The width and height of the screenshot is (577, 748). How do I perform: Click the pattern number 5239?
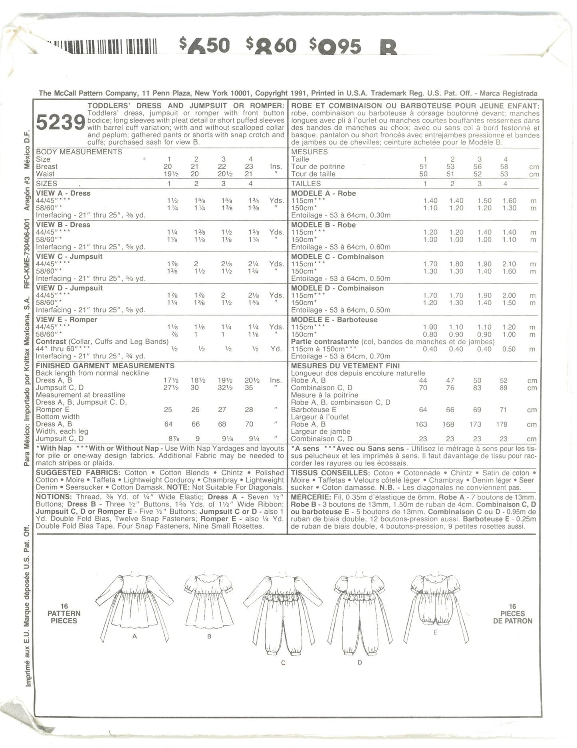point(60,123)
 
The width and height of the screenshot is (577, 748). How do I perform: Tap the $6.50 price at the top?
point(204,46)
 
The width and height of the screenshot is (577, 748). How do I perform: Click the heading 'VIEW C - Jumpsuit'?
point(69,256)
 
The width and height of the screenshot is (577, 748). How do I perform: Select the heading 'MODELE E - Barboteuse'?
point(334,320)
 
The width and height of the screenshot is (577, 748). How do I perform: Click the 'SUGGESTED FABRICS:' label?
point(78,473)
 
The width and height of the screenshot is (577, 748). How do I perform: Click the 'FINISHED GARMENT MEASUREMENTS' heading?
point(105,366)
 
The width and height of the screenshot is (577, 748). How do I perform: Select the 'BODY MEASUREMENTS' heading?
point(79,152)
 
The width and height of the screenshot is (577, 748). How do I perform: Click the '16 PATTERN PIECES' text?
point(65,613)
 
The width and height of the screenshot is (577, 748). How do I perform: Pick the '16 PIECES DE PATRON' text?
point(512,613)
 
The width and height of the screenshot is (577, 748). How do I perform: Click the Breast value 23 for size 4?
point(249,166)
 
